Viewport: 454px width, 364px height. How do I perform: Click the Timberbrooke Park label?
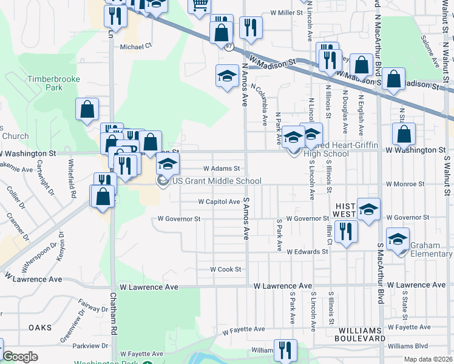45,83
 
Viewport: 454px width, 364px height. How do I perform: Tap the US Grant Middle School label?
217,181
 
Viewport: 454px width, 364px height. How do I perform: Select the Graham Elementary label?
430,249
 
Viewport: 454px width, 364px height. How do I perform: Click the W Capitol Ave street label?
219,201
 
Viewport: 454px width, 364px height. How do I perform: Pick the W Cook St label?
225,269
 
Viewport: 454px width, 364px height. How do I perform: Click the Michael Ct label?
135,46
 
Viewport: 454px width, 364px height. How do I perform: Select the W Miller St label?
286,12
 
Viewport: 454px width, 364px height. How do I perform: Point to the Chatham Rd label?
113,313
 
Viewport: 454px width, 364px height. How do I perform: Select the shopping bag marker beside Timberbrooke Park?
87,109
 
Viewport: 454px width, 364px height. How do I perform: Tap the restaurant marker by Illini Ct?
346,232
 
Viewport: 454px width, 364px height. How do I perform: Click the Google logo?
20,357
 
